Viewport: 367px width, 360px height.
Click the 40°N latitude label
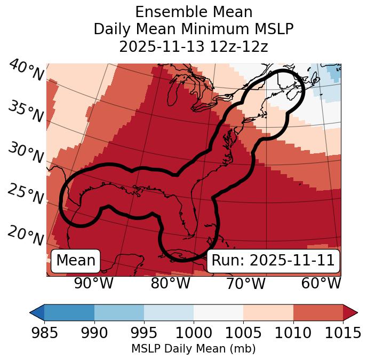click(x=26, y=71)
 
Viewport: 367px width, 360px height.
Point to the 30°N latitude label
click(x=26, y=153)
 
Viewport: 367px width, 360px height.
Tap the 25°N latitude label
click(x=26, y=194)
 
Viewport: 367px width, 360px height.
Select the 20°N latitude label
click(x=26, y=235)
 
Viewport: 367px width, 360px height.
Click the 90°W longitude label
click(x=93, y=283)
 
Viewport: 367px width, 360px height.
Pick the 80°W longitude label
click(x=170, y=283)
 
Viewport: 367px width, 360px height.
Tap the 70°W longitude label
click(x=245, y=283)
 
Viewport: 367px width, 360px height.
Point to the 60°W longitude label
click(x=321, y=283)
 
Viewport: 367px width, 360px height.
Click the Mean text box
click(x=76, y=261)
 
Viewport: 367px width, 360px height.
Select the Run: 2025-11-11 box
click(x=273, y=261)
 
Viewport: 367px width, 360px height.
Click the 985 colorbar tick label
click(x=44, y=333)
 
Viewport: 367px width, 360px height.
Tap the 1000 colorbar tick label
click(x=193, y=333)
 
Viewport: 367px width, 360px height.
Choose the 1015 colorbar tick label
click(x=343, y=333)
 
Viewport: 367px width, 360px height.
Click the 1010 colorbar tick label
click(x=293, y=333)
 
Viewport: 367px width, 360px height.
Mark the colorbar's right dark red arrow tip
click(x=356, y=312)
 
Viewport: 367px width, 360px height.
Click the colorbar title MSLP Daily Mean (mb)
click(x=193, y=349)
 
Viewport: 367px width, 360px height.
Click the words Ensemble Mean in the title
click(x=193, y=12)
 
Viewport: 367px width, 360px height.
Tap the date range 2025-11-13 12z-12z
click(x=193, y=46)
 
